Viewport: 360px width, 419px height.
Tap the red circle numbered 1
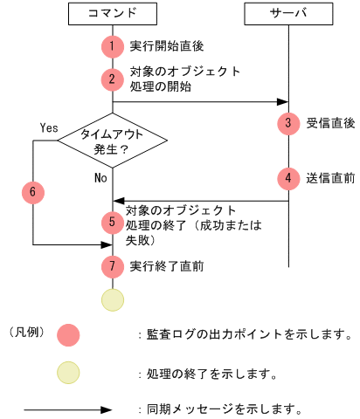(113, 45)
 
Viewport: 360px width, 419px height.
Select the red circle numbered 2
(113, 79)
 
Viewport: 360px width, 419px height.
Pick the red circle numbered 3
(288, 122)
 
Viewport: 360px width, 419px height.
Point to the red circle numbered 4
(288, 177)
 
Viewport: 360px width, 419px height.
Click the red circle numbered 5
(113, 223)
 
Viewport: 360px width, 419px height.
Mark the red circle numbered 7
(113, 265)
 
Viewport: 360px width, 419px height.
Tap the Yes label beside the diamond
(49, 127)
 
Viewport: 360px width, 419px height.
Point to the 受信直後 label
(330, 123)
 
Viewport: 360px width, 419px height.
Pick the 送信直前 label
(330, 177)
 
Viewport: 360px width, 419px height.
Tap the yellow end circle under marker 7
(113, 299)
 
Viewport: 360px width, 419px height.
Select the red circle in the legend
(68, 334)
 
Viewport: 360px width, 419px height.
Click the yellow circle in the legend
(68, 374)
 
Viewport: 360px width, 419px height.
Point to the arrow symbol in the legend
(68, 409)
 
